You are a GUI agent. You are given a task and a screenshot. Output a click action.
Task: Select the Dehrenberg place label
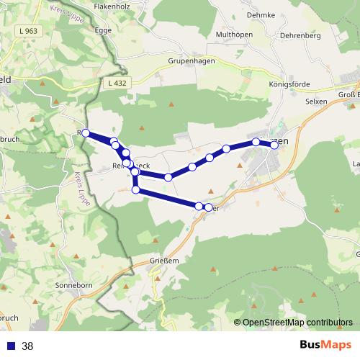(x=300, y=34)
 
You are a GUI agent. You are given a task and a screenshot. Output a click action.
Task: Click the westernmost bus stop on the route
(x=86, y=133)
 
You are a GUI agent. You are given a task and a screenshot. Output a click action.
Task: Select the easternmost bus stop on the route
(x=274, y=145)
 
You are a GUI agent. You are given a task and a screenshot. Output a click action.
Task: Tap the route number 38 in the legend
(x=27, y=346)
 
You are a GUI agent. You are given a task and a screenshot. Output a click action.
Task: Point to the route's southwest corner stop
(x=136, y=189)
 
